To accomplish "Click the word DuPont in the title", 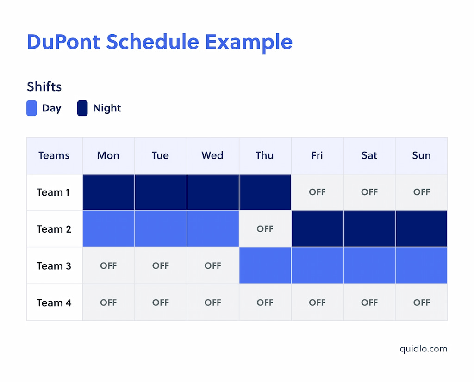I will (x=63, y=42).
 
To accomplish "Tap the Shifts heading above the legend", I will (x=44, y=86).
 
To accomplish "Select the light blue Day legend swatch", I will (x=31, y=108).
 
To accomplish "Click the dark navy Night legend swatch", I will (x=82, y=108).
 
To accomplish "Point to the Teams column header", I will (x=54, y=155).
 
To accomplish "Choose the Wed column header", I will (x=212, y=155).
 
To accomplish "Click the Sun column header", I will (x=421, y=155).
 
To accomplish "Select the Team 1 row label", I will (x=54, y=192).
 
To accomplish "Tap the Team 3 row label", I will (x=54, y=266).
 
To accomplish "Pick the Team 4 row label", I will (x=54, y=303).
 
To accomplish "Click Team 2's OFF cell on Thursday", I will (x=265, y=229).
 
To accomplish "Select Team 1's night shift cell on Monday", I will (x=108, y=192).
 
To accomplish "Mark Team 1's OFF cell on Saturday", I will (x=369, y=192).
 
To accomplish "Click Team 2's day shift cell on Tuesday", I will (x=161, y=229).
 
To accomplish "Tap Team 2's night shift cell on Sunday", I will (x=421, y=229).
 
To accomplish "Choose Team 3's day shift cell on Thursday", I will (x=265, y=266).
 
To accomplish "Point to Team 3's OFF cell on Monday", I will (x=108, y=266).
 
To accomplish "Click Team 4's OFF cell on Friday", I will (x=317, y=303).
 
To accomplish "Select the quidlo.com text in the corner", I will (x=424, y=349).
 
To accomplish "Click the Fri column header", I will (x=317, y=155).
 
